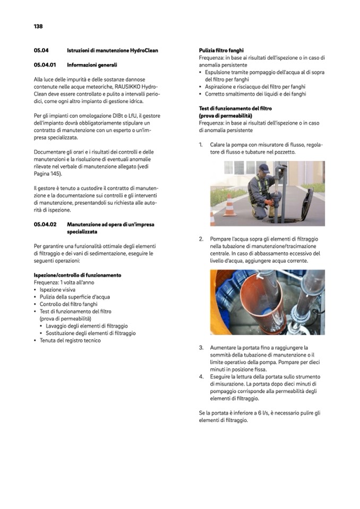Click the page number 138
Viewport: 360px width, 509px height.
38,26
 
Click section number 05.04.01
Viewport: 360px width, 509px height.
45,65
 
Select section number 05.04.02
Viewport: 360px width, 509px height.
45,224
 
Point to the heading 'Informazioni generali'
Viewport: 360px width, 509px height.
92,65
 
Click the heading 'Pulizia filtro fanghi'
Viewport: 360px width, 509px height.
221,50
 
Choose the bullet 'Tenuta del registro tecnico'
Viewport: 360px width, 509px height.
70,340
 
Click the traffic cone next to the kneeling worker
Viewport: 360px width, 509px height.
230,205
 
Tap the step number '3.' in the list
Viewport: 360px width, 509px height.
202,348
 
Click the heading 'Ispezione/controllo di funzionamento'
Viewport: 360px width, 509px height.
77,275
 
